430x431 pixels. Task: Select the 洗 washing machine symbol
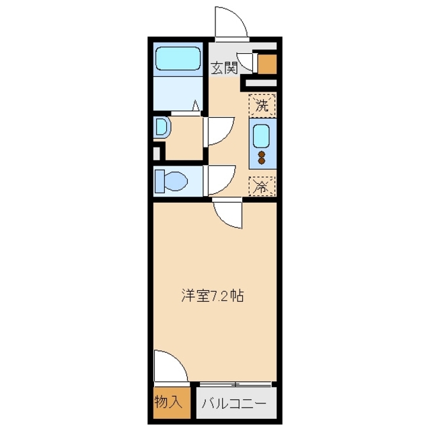pyautogui.click(x=263, y=105)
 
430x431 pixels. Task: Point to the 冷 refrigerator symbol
pyautogui.click(x=262, y=187)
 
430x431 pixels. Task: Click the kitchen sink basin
pyautogui.click(x=262, y=137)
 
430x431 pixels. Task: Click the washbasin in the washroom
pyautogui.click(x=161, y=127)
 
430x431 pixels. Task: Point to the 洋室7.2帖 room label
pyautogui.click(x=211, y=295)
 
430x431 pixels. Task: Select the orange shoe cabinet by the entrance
pyautogui.click(x=267, y=63)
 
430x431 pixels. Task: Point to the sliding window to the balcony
pyautogui.click(x=236, y=385)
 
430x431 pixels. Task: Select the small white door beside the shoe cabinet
pyautogui.click(x=247, y=63)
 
